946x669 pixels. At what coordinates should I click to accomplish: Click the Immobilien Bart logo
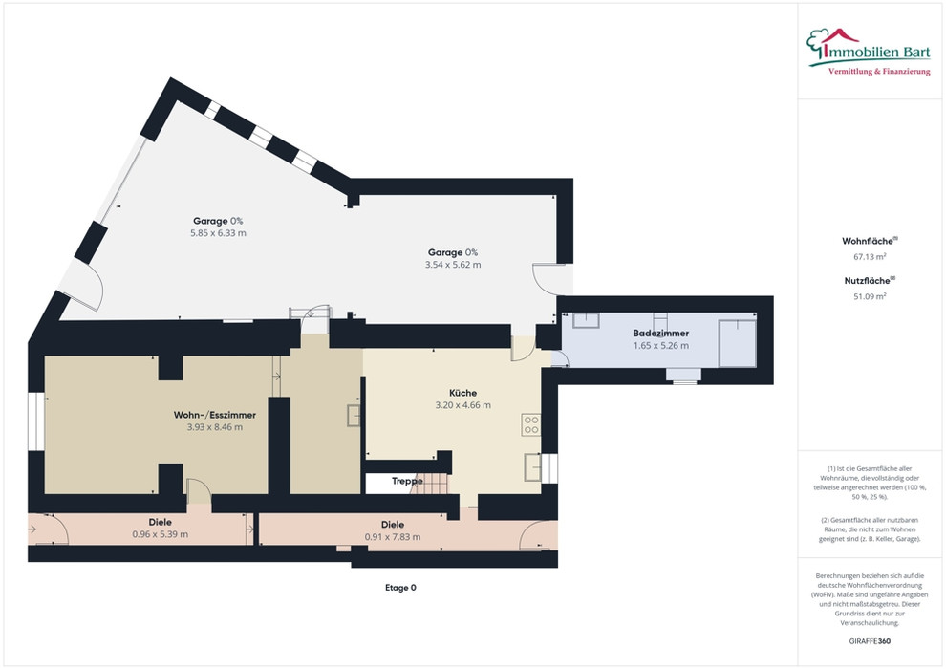coord(869,52)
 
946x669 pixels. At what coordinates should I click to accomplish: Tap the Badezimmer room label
coord(660,333)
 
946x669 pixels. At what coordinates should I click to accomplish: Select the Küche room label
coord(462,393)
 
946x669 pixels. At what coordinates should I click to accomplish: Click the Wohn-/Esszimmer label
coord(215,415)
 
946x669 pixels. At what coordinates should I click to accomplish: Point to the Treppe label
coord(407,481)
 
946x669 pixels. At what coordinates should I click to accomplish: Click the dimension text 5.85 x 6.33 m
coord(219,233)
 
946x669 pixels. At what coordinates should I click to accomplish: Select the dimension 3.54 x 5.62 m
coord(453,264)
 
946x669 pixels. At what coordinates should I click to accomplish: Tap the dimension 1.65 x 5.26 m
coord(660,346)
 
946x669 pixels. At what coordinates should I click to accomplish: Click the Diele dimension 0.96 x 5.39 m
coord(160,534)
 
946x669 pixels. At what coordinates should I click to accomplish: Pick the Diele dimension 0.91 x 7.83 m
coord(393,537)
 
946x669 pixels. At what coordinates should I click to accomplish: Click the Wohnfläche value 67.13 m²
coord(870,256)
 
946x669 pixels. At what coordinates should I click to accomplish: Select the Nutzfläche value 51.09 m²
coord(870,296)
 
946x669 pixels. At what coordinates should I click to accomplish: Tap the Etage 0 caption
coord(400,588)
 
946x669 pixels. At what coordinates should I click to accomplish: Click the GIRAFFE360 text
coord(870,641)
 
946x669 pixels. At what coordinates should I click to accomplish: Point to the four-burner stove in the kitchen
coord(531,424)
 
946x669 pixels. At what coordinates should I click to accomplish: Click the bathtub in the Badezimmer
coord(738,343)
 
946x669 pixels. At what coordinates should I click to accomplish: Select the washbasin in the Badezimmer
coord(586,320)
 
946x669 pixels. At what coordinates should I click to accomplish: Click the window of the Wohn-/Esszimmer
coord(36,421)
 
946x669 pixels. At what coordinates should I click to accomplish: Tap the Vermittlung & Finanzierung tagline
coord(879,72)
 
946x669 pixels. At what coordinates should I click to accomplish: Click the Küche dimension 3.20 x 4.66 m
coord(462,405)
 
